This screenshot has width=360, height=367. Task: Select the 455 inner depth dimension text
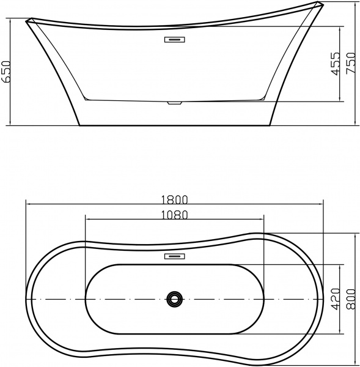pyautogui.click(x=336, y=63)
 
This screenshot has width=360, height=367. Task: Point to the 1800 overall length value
pyautogui.click(x=175, y=199)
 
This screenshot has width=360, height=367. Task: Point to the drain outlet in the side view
pyautogui.click(x=175, y=103)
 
